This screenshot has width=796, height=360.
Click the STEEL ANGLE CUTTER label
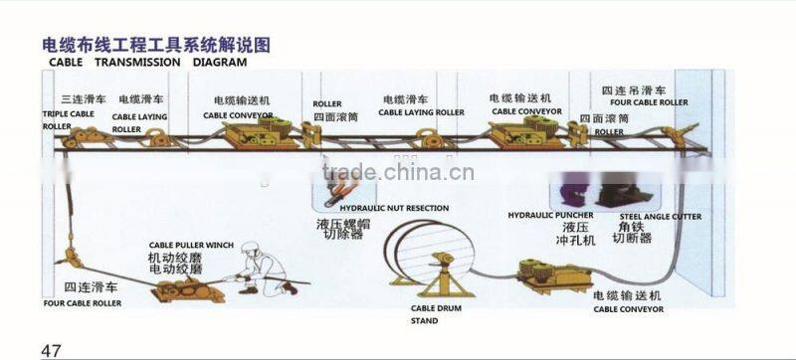point(660,216)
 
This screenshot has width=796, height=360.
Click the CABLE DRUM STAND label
point(435,315)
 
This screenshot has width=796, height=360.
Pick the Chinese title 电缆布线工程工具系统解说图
point(155,45)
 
